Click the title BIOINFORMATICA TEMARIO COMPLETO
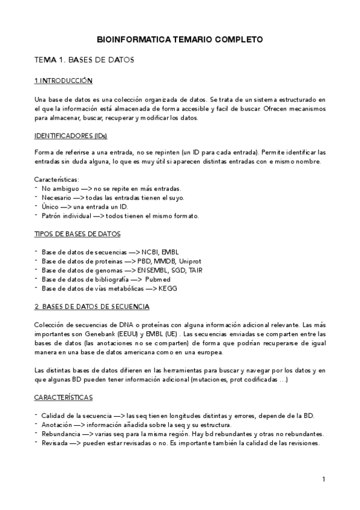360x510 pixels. [180, 40]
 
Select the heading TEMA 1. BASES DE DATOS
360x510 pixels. [84, 60]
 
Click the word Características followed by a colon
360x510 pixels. [61, 179]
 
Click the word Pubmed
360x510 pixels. [158, 278]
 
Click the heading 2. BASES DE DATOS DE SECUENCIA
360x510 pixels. [92, 306]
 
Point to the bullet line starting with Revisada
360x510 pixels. [180, 443]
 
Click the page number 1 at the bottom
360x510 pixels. [323, 479]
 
